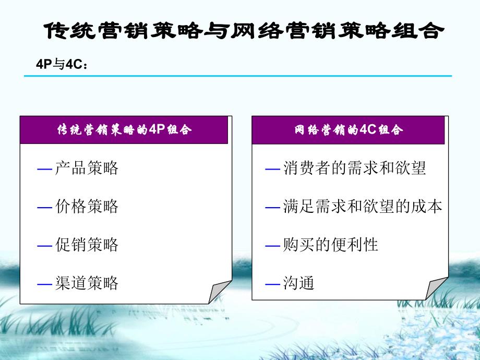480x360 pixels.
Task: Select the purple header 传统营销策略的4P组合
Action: tap(124, 130)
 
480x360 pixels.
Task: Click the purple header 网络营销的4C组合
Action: tap(349, 130)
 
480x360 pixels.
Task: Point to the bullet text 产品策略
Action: tap(87, 168)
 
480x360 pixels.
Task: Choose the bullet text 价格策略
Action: tap(87, 206)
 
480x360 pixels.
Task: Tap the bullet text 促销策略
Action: tap(87, 245)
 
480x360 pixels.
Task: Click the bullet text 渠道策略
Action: tap(87, 283)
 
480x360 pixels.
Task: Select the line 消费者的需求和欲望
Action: tap(354, 168)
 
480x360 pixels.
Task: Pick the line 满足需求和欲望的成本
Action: tap(362, 207)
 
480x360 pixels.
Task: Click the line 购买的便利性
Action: tap(330, 245)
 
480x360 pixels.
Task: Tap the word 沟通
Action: tap(298, 284)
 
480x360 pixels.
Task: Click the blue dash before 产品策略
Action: tap(45, 169)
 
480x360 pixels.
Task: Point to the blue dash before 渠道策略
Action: tap(45, 284)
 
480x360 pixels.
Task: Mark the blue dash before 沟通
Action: tap(273, 284)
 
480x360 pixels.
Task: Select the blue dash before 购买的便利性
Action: tap(273, 245)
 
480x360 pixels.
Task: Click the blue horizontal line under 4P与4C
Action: tap(238, 76)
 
